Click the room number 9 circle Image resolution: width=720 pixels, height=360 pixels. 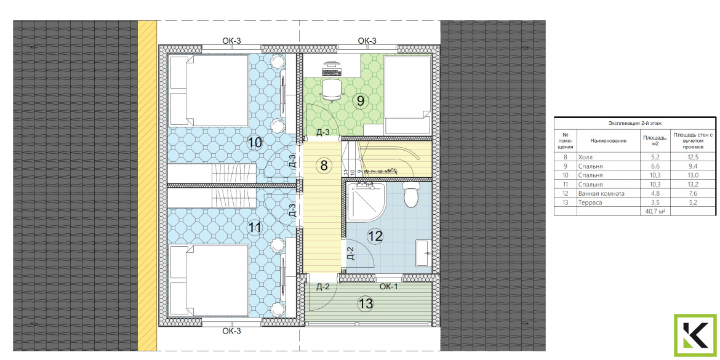click(361, 100)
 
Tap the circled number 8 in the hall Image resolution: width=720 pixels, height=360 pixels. click(324, 166)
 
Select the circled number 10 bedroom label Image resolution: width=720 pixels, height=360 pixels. click(255, 143)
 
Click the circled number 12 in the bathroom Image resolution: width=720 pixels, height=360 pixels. click(375, 236)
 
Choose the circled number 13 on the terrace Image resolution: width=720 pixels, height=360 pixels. click(366, 303)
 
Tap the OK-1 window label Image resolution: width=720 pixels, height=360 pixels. click(389, 287)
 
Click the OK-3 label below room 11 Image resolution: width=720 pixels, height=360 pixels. click(231, 330)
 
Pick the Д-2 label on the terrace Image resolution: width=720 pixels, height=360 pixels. click(324, 287)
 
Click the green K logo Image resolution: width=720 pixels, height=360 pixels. click(695, 335)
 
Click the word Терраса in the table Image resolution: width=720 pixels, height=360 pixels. click(591, 202)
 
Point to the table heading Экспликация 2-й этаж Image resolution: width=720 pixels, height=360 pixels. click(634, 123)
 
